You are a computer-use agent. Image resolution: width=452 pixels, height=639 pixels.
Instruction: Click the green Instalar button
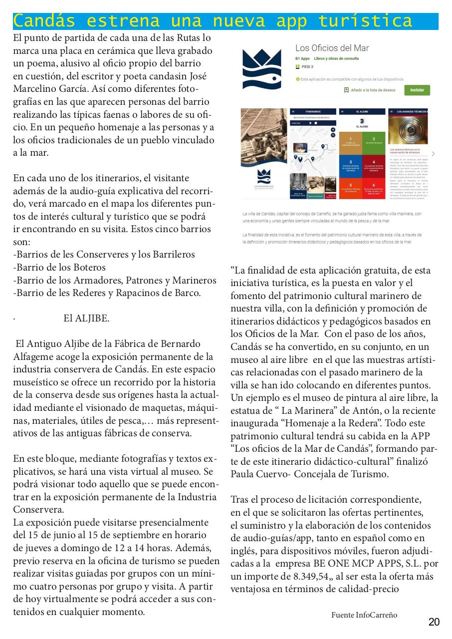point(417,90)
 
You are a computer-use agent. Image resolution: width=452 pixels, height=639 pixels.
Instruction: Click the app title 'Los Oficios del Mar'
point(332,48)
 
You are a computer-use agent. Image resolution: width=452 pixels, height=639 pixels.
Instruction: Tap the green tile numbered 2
point(381,140)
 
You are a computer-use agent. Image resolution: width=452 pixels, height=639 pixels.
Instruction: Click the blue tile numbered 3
point(351,164)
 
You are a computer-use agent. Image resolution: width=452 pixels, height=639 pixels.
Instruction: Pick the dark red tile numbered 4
point(381,164)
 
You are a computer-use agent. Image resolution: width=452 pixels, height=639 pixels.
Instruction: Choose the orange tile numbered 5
point(351,187)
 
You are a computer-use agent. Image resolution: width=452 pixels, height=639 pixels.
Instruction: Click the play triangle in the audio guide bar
point(310,122)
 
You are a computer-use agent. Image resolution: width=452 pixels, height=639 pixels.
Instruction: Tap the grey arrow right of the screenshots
point(433,154)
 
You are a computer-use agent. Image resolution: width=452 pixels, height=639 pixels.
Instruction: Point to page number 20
point(434,622)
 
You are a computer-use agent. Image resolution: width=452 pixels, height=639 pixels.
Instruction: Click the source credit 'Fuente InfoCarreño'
point(364,615)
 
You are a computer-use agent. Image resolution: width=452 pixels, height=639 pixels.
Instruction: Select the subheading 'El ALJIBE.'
point(86,319)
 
